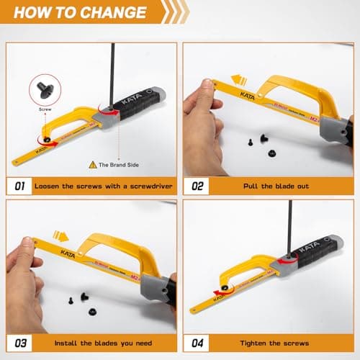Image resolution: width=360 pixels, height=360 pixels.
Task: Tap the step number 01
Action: click(x=20, y=186)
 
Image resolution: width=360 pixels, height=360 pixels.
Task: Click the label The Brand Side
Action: click(x=120, y=164)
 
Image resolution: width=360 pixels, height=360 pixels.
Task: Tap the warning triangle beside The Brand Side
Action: click(x=93, y=164)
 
